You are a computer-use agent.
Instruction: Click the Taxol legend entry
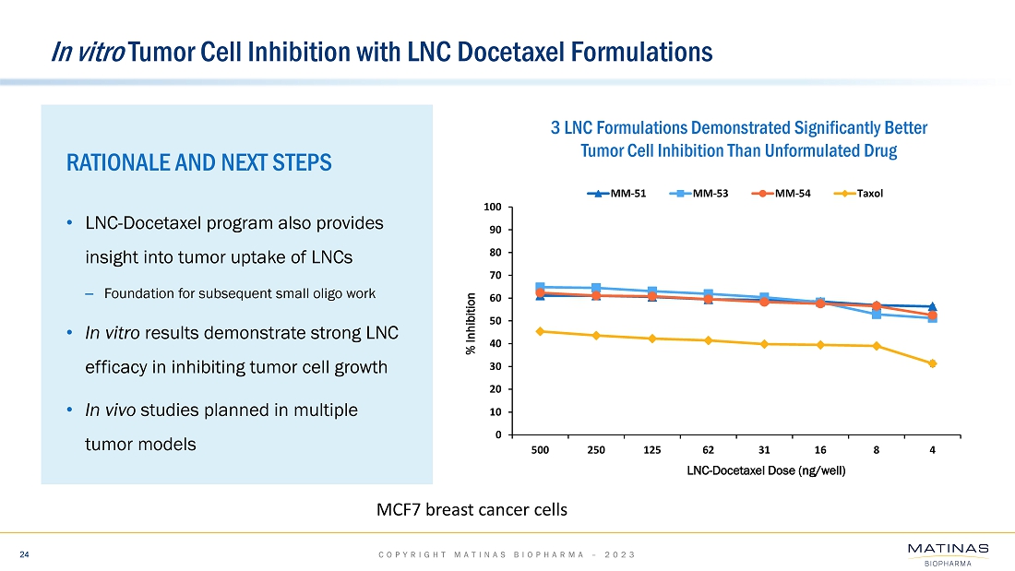(862, 193)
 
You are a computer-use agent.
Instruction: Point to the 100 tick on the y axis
(494, 207)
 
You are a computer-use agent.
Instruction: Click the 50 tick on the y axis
(496, 321)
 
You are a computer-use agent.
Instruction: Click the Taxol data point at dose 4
(933, 363)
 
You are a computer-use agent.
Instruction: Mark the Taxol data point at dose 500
(541, 331)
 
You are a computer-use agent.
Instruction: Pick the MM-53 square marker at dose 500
(541, 287)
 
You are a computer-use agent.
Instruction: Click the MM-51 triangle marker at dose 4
(933, 306)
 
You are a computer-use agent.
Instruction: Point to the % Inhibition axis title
(471, 323)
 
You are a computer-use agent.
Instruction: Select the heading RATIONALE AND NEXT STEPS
(198, 163)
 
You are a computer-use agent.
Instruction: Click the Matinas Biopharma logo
(948, 554)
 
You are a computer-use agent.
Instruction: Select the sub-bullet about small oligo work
(239, 294)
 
